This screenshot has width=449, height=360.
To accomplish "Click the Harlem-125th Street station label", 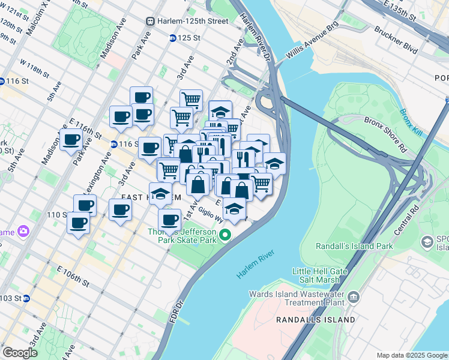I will point(192,21).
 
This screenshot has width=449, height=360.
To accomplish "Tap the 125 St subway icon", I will point(173,38).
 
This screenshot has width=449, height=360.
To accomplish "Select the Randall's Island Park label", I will point(354,246).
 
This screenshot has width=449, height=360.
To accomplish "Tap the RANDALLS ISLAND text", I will point(315,320).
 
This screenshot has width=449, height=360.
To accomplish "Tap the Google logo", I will point(20,353).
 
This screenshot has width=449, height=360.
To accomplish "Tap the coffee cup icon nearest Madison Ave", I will point(71,140).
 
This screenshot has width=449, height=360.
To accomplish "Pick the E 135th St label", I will point(399,12).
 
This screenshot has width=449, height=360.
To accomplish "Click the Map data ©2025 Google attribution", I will point(412,355).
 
